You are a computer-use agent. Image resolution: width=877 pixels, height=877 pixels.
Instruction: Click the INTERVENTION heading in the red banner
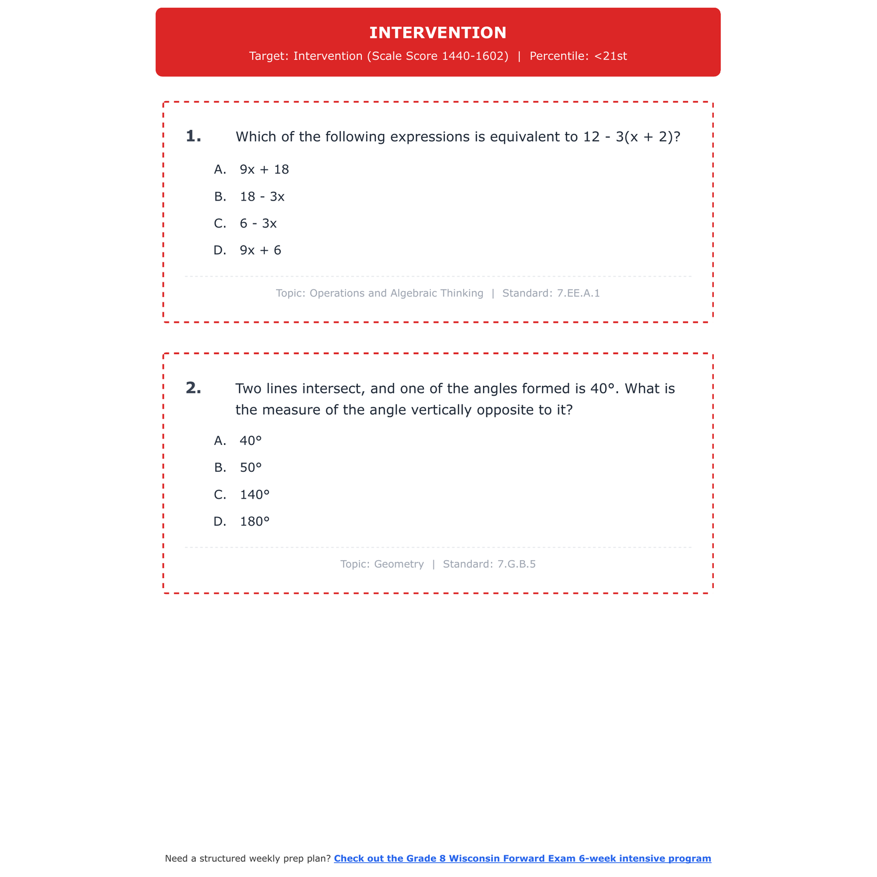pos(438,33)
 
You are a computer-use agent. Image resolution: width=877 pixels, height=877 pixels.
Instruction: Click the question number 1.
pos(193,136)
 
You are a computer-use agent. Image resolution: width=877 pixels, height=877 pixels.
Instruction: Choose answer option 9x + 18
pos(264,170)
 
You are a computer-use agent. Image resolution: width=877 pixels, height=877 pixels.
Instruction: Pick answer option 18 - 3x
pos(262,196)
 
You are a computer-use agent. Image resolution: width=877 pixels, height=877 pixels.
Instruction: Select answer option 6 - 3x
pos(258,223)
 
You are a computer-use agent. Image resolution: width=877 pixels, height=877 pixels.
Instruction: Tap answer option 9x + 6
pos(260,250)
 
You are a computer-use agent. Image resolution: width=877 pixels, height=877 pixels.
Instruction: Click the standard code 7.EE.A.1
pos(578,293)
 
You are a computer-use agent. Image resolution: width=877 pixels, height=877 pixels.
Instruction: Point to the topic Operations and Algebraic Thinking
pos(396,293)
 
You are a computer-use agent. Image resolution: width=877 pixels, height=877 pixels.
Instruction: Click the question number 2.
pos(193,388)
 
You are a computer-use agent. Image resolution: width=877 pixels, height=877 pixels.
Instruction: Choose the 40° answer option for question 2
pos(251,441)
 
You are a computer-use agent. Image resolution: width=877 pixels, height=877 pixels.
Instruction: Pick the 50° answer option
pos(251,468)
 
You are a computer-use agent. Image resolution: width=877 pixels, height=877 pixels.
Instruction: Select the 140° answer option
pos(254,495)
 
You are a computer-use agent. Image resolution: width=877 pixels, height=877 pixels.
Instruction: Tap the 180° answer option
pos(254,522)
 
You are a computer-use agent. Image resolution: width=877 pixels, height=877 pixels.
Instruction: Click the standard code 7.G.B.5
pos(516,564)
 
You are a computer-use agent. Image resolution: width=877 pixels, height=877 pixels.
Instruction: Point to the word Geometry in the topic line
pos(399,564)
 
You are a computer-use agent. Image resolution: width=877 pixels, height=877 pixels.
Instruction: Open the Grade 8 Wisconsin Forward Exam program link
pos(522,858)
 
